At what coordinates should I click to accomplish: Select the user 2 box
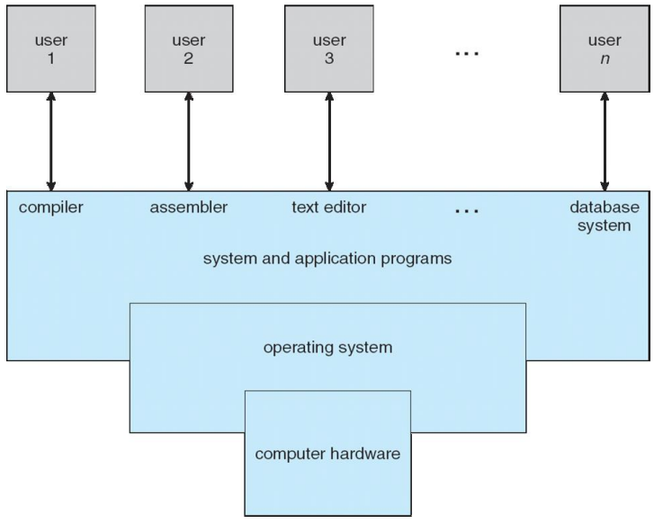point(188,49)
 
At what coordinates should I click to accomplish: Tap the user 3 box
point(328,49)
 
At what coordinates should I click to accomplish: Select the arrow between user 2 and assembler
point(188,145)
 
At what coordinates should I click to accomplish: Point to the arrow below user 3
point(328,145)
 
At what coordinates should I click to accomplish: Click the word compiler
point(49,208)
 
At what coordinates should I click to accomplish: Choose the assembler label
point(189,208)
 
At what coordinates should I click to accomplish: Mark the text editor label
point(329,208)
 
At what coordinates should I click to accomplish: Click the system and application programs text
point(327,260)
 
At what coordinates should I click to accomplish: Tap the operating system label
point(327,346)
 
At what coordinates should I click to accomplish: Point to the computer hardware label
point(327,453)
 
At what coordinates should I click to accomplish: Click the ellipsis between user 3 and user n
point(467,54)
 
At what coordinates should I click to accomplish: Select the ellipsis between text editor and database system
point(467,212)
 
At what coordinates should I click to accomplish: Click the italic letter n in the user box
point(605,60)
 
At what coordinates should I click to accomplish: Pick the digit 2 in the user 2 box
point(188,60)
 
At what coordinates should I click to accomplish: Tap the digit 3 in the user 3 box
point(328,60)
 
